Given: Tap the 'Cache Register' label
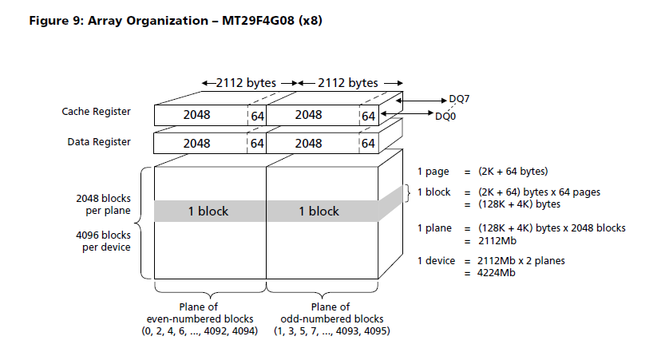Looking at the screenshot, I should pos(97,112).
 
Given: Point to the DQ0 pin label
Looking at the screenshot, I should pos(446,116).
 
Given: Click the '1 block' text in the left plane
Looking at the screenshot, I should pos(208,212).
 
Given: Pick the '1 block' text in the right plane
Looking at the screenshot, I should pos(319,212).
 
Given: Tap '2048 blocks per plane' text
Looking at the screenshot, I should pos(104,203).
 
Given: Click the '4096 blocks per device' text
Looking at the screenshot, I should pos(104,240).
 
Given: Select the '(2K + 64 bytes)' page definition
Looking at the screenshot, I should pos(513,172).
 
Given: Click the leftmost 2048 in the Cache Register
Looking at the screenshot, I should pos(196,116).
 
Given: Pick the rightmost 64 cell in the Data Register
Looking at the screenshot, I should pos(368,144).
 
